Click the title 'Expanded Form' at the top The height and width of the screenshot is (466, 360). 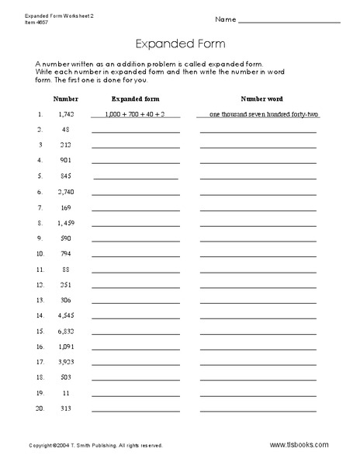coord(180,44)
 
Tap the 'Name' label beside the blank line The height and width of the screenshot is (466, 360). coord(224,19)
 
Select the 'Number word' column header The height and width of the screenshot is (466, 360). coord(258,99)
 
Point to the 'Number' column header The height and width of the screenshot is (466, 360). coord(61,99)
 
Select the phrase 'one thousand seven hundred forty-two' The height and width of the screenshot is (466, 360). coord(258,114)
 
